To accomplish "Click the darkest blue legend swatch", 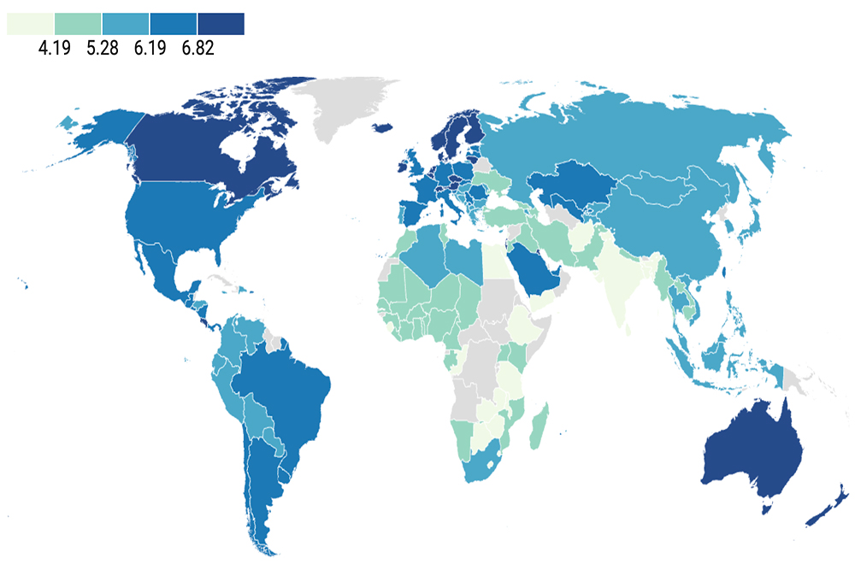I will pyautogui.click(x=221, y=24).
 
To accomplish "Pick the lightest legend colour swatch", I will pyautogui.click(x=30, y=24).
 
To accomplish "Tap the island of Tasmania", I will pyautogui.click(x=767, y=510).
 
